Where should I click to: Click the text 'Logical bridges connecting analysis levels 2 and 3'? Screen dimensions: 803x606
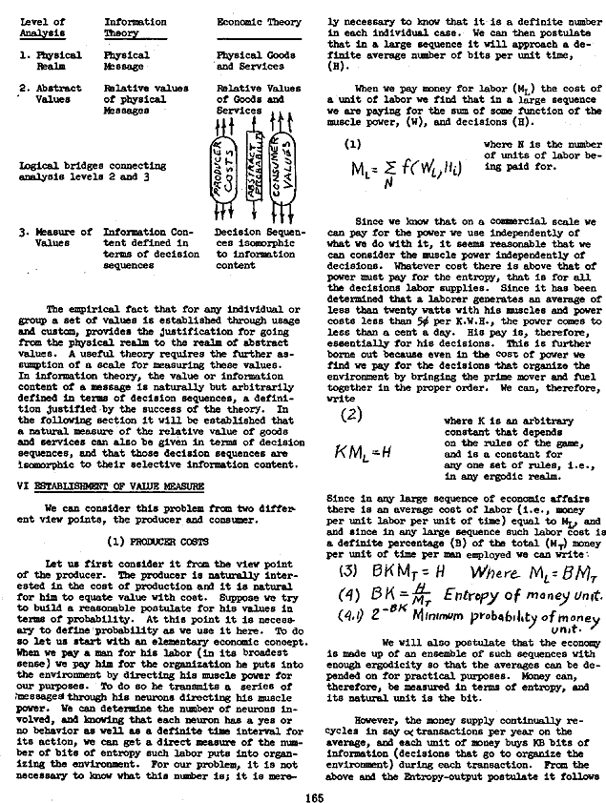coord(92,171)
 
